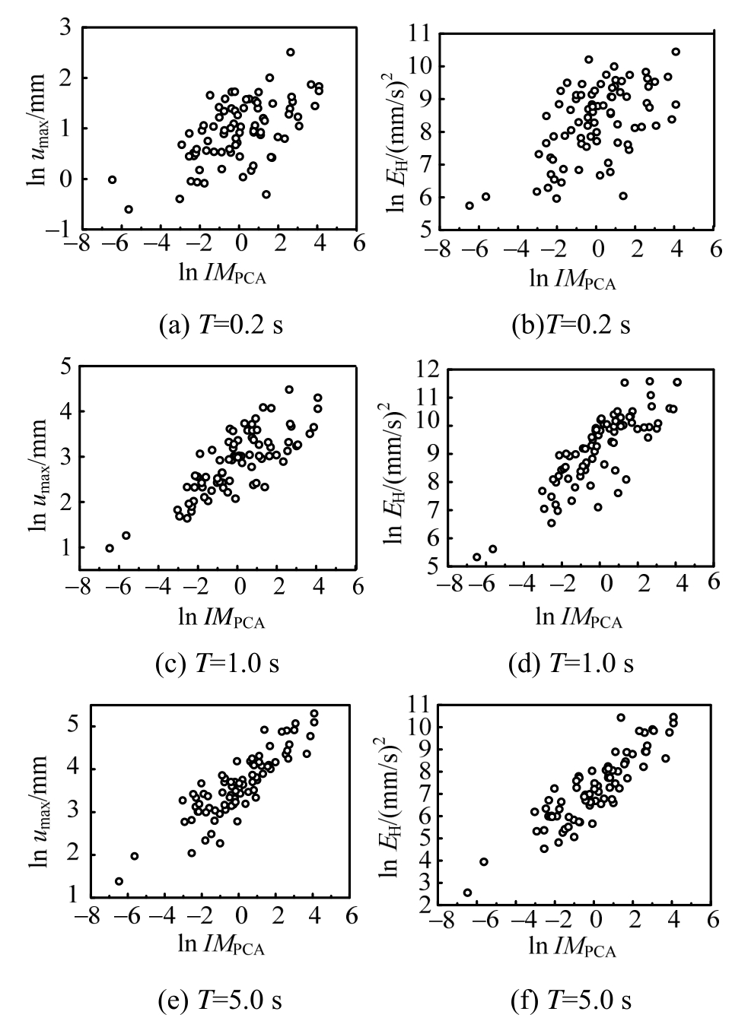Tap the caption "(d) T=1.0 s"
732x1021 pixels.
(571, 664)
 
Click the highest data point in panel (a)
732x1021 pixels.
(291, 52)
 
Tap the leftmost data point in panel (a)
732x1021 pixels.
(112, 179)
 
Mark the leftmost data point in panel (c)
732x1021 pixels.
(110, 548)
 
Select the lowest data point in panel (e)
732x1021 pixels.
(119, 881)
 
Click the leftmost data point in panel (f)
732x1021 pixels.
(467, 893)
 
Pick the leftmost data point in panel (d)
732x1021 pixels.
(477, 557)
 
